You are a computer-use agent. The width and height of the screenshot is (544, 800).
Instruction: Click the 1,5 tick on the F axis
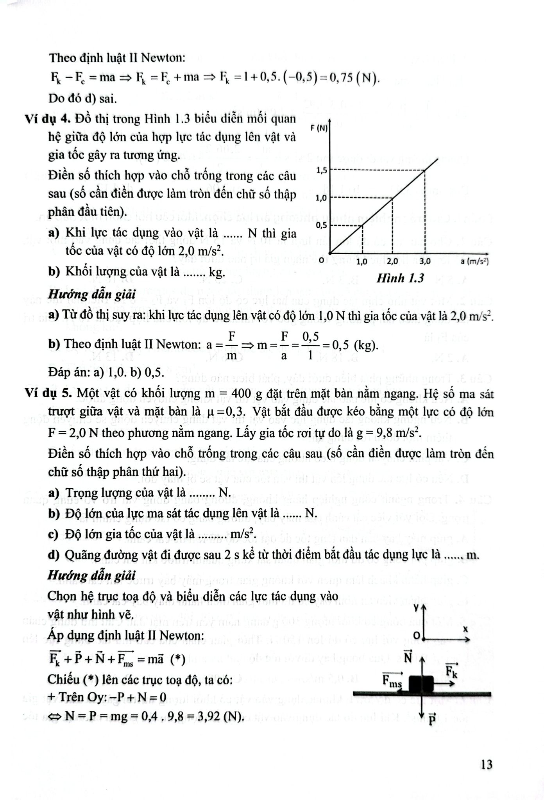point(322,170)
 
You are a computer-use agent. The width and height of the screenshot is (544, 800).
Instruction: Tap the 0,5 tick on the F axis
point(322,225)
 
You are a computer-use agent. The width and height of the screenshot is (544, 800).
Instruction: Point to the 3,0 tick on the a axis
point(425,262)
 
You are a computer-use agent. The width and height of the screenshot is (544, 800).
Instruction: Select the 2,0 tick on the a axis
point(392,262)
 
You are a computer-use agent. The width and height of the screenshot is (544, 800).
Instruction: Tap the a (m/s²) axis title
point(475,261)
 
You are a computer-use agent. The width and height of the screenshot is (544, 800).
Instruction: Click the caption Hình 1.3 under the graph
point(400,279)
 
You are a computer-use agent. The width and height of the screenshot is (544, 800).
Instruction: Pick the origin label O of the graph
point(321,260)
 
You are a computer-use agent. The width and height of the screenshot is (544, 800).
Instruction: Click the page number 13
point(487,764)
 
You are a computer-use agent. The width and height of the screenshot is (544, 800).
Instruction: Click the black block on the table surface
point(421,683)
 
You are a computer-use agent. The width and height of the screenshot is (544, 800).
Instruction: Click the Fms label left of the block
point(392,680)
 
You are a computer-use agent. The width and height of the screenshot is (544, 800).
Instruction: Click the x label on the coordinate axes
point(465,629)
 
